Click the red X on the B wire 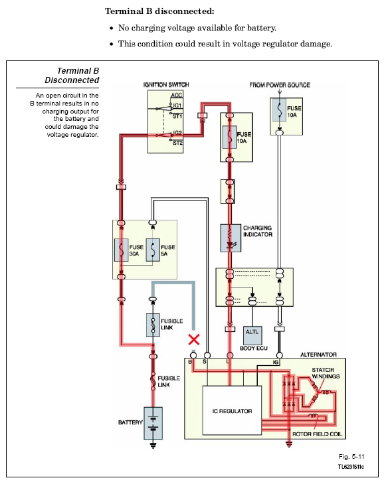[x=194, y=339]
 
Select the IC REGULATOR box [x=232, y=410]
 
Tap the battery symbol [x=153, y=423]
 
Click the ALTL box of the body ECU [x=252, y=335]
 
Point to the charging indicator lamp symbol [x=231, y=238]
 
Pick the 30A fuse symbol [x=122, y=250]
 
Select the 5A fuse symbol [x=153, y=250]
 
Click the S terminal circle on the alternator [x=207, y=355]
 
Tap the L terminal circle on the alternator [x=230, y=355]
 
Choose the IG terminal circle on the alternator [x=280, y=355]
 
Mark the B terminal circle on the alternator [x=193, y=355]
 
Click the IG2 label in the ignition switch [x=177, y=133]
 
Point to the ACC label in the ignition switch [x=177, y=96]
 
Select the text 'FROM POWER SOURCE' [x=280, y=85]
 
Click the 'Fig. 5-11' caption [x=351, y=457]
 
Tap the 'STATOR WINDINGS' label [x=326, y=373]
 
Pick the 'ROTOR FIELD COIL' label [x=317, y=434]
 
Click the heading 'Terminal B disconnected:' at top [x=159, y=11]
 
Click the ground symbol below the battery [x=153, y=445]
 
